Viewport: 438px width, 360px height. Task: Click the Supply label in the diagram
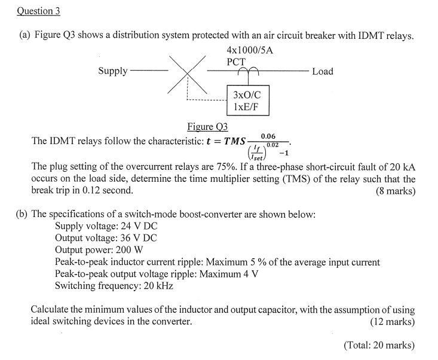click(113, 71)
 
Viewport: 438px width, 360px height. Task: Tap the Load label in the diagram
click(323, 71)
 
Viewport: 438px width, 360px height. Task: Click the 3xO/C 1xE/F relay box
click(247, 100)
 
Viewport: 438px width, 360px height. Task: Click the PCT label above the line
click(236, 61)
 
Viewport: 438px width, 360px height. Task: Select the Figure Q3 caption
click(208, 127)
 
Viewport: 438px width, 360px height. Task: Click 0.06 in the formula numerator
click(268, 137)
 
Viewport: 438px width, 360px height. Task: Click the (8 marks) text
click(396, 191)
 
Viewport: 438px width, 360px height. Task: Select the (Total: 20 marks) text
click(379, 345)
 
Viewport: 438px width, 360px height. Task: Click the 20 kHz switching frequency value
click(157, 285)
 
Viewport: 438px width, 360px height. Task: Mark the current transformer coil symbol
click(247, 69)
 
